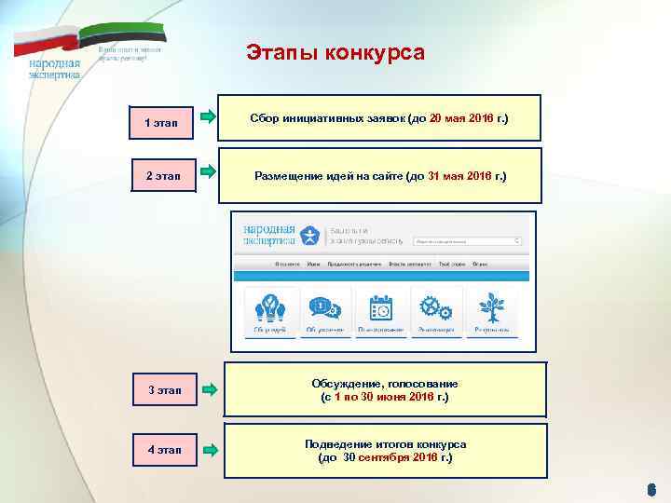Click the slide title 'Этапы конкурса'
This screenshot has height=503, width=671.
(335, 52)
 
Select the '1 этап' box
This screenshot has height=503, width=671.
(161, 122)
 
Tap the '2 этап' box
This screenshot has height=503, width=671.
(161, 174)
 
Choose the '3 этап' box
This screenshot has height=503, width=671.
(161, 388)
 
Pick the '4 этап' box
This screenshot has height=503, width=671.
(161, 452)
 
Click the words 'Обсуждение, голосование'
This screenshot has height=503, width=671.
(386, 383)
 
